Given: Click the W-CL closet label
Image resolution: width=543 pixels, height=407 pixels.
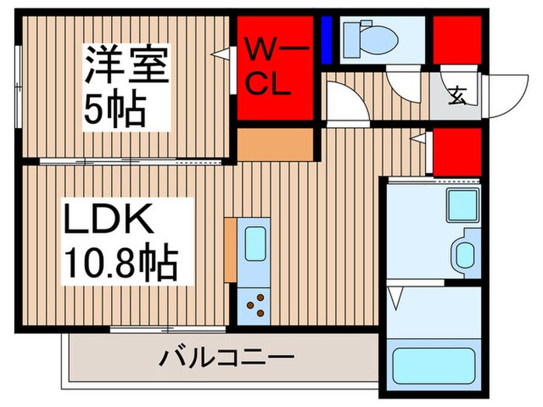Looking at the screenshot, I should click(x=273, y=68).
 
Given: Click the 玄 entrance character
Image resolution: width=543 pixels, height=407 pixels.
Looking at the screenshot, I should click(x=457, y=98).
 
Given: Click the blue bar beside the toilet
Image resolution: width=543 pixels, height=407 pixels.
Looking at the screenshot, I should click(x=326, y=40).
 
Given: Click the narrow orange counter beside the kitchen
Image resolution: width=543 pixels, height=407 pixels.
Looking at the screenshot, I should click(x=230, y=250).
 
